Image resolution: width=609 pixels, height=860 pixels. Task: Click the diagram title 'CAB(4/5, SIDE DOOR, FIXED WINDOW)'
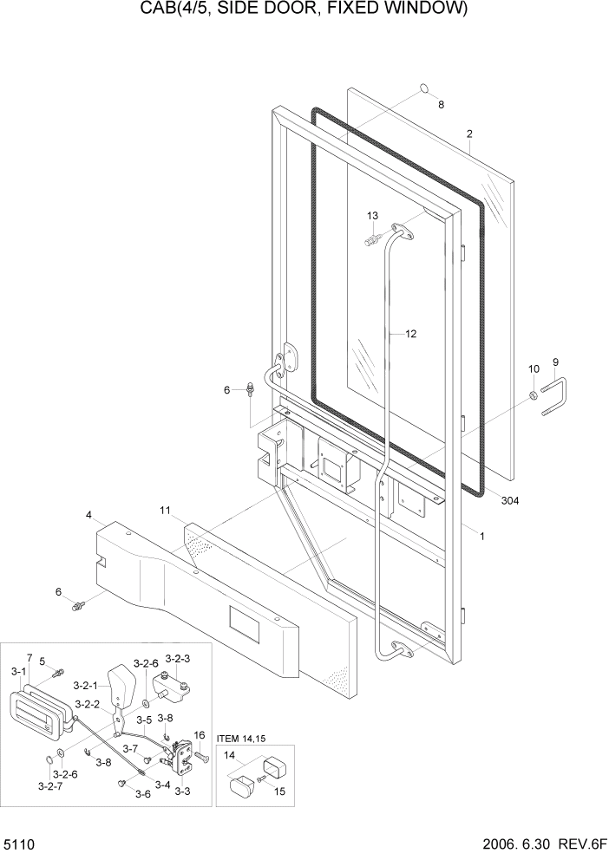coord(304,10)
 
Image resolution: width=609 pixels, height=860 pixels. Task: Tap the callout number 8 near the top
coord(441,105)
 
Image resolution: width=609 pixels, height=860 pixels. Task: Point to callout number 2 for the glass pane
coord(469,134)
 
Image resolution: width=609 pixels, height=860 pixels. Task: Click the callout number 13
coord(372,215)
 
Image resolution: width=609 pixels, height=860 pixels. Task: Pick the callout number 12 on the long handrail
coord(410,333)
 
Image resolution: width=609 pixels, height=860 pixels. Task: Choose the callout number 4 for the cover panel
coord(88,516)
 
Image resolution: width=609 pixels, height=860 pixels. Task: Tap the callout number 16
coord(199,735)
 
